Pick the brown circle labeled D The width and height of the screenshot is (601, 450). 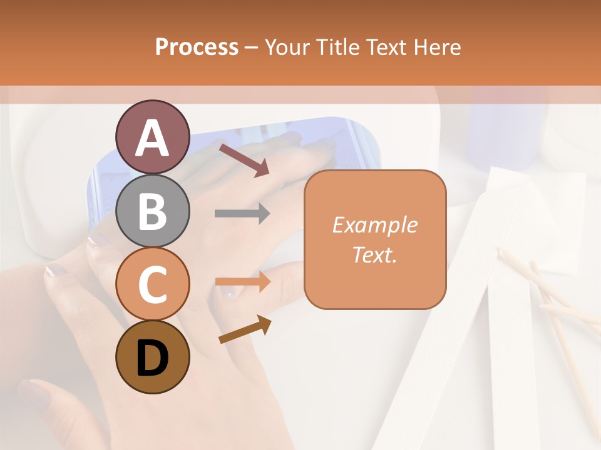point(153,357)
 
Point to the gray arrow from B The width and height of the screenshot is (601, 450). point(242,214)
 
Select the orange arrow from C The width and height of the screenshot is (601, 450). point(242,282)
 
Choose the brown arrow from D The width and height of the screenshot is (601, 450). point(245,329)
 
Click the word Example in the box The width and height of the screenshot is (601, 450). point(374,225)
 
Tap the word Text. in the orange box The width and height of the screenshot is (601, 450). point(374,254)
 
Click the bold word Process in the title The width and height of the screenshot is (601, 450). point(197,47)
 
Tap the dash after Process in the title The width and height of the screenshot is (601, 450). point(252,48)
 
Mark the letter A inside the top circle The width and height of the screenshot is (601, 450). point(153,139)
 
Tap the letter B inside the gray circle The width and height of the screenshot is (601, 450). point(153,211)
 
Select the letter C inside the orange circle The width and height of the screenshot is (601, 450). point(153,285)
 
